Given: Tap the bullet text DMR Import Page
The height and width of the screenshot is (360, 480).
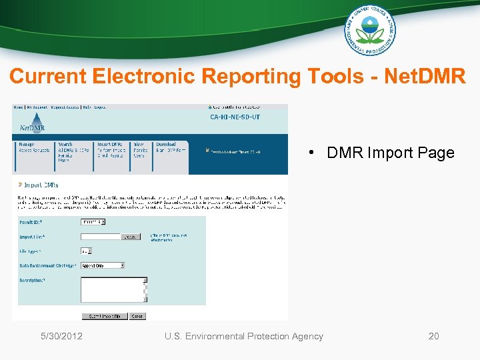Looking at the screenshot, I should coord(390,153).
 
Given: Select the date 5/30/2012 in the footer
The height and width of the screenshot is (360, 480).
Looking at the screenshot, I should coord(61,336).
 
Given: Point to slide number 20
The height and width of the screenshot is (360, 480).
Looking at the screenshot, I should coord(433,336).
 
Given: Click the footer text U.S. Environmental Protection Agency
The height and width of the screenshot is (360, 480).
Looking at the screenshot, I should coord(243,336).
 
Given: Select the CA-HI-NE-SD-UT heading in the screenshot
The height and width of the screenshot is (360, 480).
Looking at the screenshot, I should coord(235,117).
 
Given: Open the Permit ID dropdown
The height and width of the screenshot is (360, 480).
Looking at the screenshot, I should coord(93,222).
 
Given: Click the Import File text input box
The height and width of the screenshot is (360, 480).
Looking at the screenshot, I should coord(100,237).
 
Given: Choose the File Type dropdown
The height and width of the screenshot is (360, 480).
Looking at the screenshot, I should coord(86,251).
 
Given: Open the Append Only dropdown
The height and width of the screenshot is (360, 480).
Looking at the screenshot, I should coord(103,265).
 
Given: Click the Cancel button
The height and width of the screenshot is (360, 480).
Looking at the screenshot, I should coord(137,317).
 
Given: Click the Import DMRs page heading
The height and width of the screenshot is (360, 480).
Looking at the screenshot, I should coord(40,185).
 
